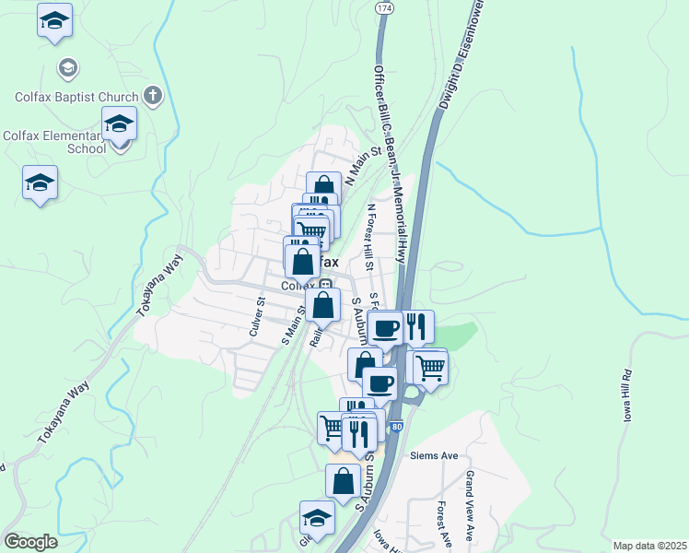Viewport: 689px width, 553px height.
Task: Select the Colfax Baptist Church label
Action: coord(76,96)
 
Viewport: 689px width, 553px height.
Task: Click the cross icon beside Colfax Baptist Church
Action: coord(153,95)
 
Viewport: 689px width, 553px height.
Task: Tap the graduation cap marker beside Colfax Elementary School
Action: coord(119,124)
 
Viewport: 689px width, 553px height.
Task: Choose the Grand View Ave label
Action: coord(470,505)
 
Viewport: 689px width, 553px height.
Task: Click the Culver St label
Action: coord(256,316)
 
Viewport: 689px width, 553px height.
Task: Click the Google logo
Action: coord(30,542)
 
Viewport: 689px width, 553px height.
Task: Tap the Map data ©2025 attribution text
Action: coord(649,546)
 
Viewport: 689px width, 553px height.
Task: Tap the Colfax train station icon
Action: coord(325,285)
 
